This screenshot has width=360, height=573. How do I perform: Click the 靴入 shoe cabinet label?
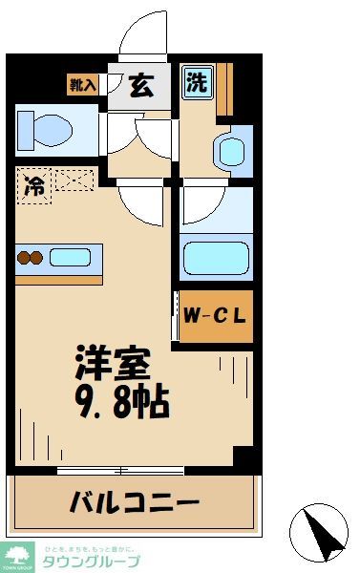[83, 85]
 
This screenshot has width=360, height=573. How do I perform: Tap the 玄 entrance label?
[139, 85]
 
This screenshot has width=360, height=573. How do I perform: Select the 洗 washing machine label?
[196, 83]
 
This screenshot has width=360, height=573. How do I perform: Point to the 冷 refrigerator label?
[33, 184]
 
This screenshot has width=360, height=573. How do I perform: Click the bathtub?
[216, 258]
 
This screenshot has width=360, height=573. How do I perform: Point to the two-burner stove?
[30, 256]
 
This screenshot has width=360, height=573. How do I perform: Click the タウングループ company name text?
[91, 561]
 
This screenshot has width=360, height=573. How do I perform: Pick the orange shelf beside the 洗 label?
[224, 89]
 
